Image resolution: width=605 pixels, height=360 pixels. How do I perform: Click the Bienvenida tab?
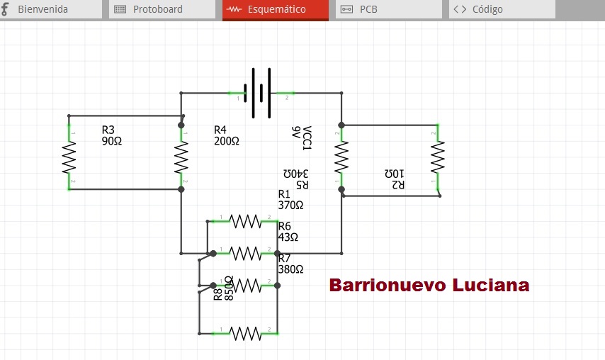click(x=51, y=9)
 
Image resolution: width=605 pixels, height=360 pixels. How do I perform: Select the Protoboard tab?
click(x=162, y=9)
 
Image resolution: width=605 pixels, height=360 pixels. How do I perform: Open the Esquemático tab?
click(x=276, y=10)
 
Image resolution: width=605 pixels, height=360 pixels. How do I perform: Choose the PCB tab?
click(x=389, y=9)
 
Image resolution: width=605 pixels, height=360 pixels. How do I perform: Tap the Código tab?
click(x=502, y=9)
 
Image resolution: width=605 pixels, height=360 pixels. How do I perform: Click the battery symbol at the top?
click(x=257, y=93)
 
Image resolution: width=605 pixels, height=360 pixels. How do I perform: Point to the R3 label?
click(x=108, y=130)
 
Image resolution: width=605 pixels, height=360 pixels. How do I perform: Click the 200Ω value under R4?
click(x=227, y=141)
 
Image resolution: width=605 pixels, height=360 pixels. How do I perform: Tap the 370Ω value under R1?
click(x=290, y=205)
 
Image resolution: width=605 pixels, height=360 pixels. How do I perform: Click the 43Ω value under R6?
click(x=288, y=237)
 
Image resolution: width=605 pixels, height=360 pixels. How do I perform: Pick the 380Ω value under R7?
click(x=290, y=269)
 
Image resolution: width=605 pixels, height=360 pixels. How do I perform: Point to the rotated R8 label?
click(x=217, y=294)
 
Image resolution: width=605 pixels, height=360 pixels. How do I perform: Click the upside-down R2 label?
click(x=398, y=185)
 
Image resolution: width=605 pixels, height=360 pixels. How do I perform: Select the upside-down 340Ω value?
click(x=296, y=174)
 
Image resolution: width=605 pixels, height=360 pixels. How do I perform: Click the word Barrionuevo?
click(x=388, y=285)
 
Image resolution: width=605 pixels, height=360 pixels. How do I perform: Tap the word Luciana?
click(x=491, y=285)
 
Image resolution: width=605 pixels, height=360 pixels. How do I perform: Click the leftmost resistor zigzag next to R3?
click(x=69, y=157)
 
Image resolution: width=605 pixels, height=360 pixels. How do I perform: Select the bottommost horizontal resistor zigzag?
click(x=245, y=333)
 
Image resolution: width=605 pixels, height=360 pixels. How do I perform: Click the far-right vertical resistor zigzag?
click(x=438, y=157)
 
